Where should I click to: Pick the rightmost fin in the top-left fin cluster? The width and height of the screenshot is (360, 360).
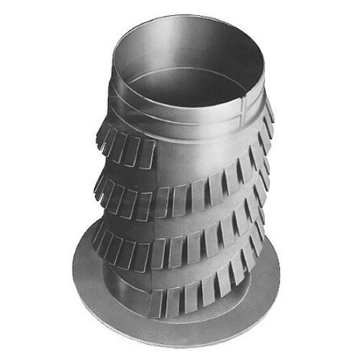click(148, 153)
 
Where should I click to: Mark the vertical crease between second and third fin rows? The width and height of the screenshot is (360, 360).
click(163, 216)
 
